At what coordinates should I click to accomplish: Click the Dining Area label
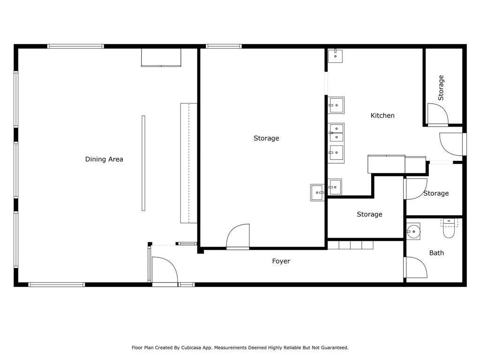[104, 159]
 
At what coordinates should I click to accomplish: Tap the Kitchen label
[382, 115]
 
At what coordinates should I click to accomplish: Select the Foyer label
[281, 261]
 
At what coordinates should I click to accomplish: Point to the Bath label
[436, 253]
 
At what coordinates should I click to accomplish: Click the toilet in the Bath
[449, 228]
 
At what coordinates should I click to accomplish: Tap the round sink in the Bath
[413, 231]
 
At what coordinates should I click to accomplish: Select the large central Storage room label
[266, 138]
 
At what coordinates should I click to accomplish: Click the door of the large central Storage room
[239, 237]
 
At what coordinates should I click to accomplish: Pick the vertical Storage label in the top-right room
[441, 88]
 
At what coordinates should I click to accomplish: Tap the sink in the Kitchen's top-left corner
[336, 55]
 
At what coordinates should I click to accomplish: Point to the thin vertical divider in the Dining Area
[143, 163]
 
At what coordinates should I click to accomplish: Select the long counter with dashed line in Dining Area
[188, 163]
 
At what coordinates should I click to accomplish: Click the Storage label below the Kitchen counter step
[369, 214]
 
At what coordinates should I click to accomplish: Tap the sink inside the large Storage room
[317, 192]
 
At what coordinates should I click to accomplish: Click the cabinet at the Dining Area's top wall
[161, 57]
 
